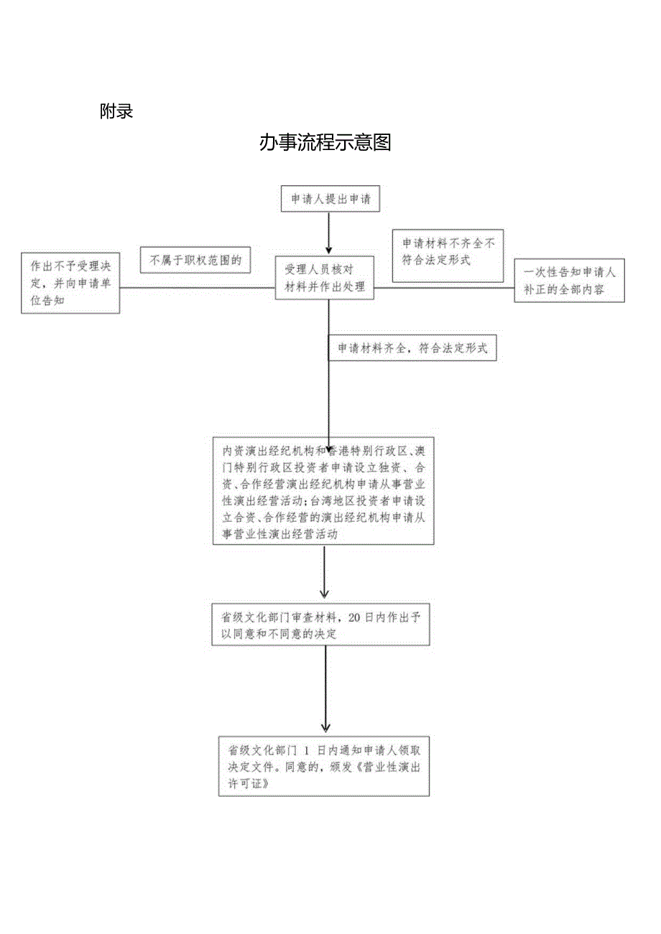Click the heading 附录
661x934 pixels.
pyautogui.click(x=116, y=111)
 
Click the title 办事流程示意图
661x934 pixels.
pyautogui.click(x=325, y=143)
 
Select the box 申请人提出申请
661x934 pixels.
pyautogui.click(x=330, y=199)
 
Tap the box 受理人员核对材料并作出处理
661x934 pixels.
pyautogui.click(x=325, y=279)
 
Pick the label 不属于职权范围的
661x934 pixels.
pyautogui.click(x=195, y=261)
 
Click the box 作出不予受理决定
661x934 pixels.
pyautogui.click(x=70, y=281)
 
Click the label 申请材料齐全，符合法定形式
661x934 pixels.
pyautogui.click(x=412, y=348)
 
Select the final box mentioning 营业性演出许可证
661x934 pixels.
pyautogui.click(x=324, y=765)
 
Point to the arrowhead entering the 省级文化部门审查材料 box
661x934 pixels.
pyautogui.click(x=325, y=594)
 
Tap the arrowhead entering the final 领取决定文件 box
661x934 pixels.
pyautogui.click(x=325, y=728)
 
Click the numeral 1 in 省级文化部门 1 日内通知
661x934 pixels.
pyautogui.click(x=306, y=750)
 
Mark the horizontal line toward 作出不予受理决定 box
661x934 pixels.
pyautogui.click(x=197, y=288)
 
